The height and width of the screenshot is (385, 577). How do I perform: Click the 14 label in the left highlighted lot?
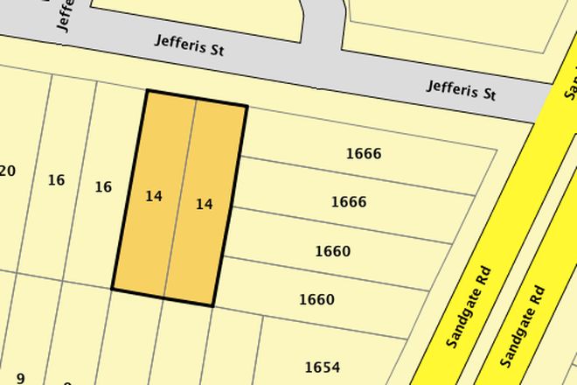coord(154,197)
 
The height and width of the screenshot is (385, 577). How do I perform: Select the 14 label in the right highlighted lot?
coord(204,205)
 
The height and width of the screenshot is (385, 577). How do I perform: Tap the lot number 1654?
coord(322,367)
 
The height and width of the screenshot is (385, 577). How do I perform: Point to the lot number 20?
coord(7,171)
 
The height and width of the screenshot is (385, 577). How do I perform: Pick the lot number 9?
coord(19,378)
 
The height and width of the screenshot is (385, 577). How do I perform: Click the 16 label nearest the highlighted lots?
coord(103,186)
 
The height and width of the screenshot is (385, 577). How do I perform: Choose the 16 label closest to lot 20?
coord(56,180)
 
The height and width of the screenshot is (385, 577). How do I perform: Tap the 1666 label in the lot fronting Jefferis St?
coord(363,154)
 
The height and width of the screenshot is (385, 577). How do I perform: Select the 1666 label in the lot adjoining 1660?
coord(348,202)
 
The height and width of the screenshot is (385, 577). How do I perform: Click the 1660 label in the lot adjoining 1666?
coord(332,252)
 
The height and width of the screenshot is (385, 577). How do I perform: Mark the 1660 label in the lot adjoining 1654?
coord(316,299)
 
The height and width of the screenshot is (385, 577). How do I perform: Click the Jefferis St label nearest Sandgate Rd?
coord(461,89)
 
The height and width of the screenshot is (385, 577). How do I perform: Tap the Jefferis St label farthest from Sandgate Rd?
coord(190,45)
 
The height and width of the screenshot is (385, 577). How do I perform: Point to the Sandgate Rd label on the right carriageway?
coord(523,325)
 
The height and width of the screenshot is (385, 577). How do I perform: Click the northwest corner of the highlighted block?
coord(147,90)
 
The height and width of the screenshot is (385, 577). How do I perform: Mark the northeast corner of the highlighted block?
coord(247,107)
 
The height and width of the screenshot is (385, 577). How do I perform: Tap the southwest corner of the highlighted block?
coord(113,288)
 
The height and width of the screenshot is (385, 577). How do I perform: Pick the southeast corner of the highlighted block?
coord(213,306)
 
